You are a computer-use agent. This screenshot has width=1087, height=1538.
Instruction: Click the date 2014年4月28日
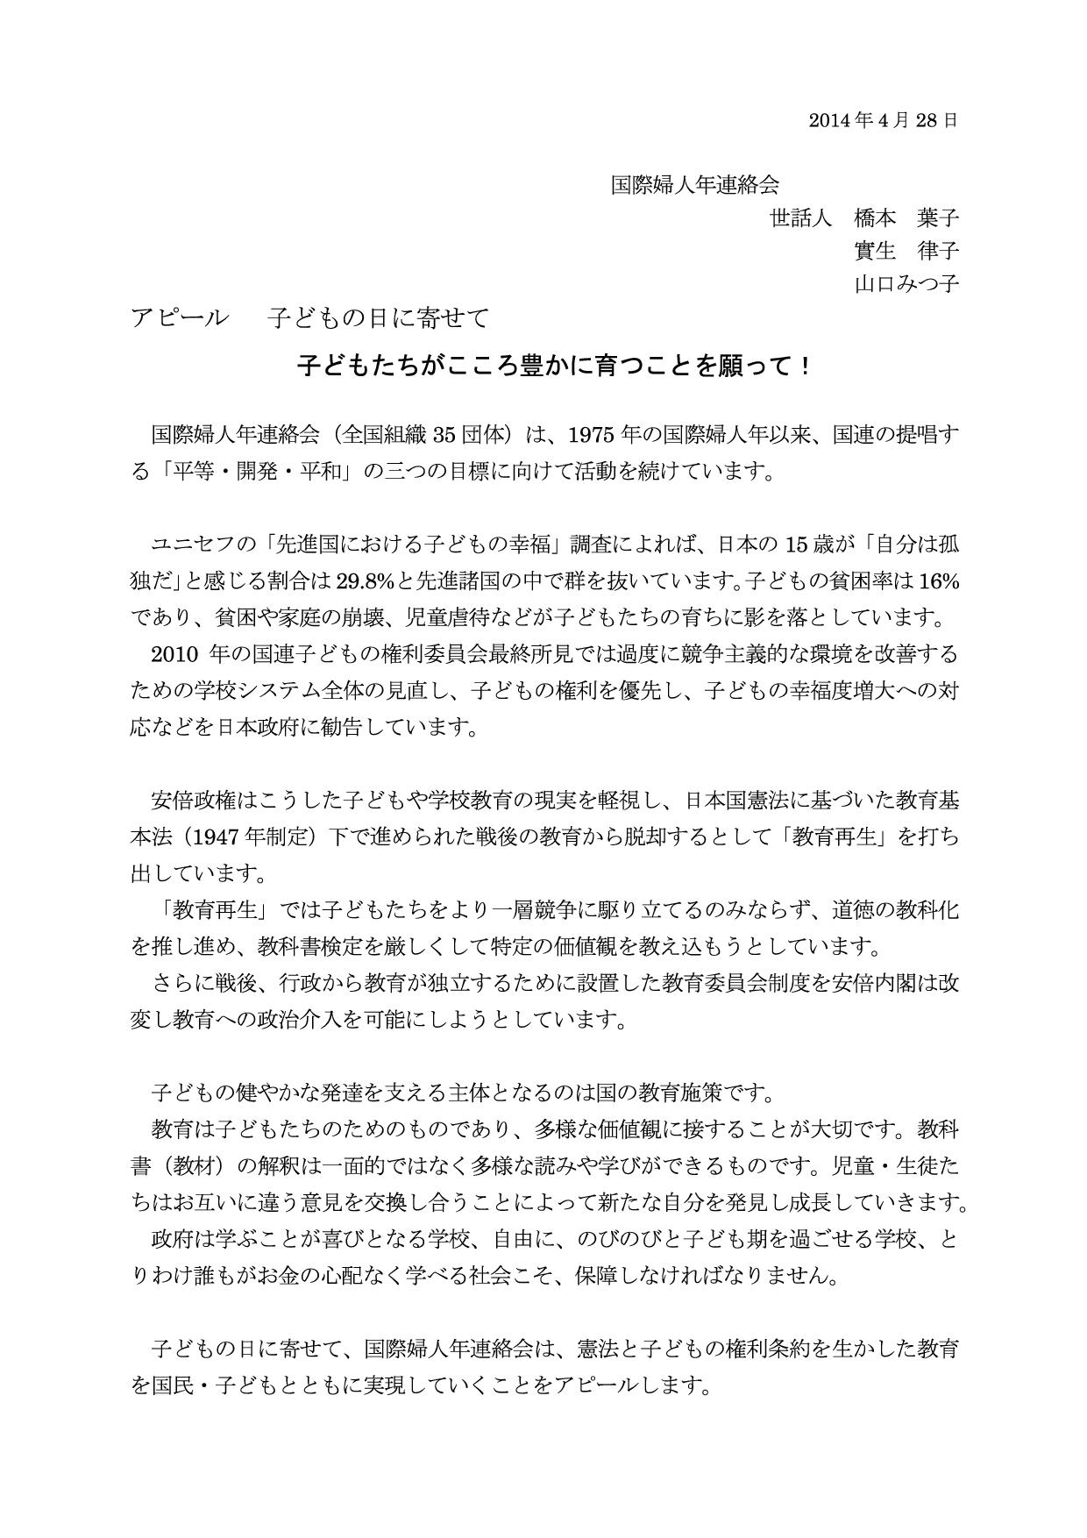883,120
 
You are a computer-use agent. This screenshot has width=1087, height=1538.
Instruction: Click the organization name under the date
695,185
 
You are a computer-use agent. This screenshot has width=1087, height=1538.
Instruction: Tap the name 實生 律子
906,251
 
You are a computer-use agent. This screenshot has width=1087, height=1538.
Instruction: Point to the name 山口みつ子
906,284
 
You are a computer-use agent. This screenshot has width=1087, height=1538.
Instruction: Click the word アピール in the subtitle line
179,317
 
